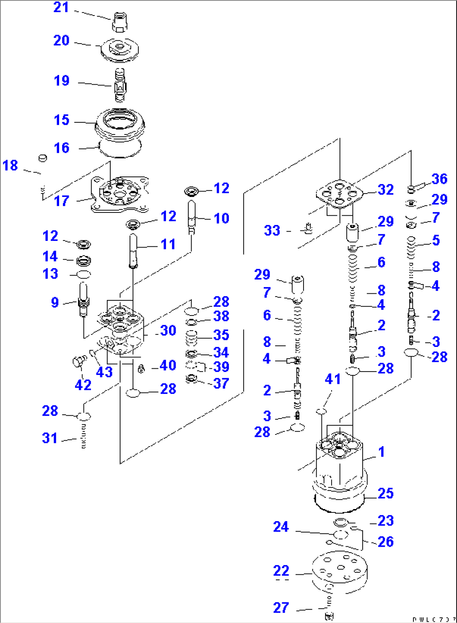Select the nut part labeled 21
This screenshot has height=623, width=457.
(x=119, y=22)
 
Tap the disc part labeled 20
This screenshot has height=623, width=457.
(x=119, y=49)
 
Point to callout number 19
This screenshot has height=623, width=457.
(x=62, y=80)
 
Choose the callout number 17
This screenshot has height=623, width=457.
(x=62, y=201)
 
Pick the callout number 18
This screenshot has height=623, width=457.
(x=10, y=165)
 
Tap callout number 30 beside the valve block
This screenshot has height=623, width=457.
(x=168, y=331)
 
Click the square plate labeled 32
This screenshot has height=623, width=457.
(x=340, y=193)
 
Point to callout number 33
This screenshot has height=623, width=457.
(x=272, y=230)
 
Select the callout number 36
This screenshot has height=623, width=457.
(x=439, y=179)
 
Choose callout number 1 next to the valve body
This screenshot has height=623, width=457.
(x=382, y=452)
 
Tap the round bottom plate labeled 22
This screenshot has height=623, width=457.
(x=340, y=571)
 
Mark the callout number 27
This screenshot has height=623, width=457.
(x=281, y=607)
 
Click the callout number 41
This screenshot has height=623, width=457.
(x=333, y=379)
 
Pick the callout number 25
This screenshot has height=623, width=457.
(x=386, y=494)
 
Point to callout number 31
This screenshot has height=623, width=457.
(x=49, y=438)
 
